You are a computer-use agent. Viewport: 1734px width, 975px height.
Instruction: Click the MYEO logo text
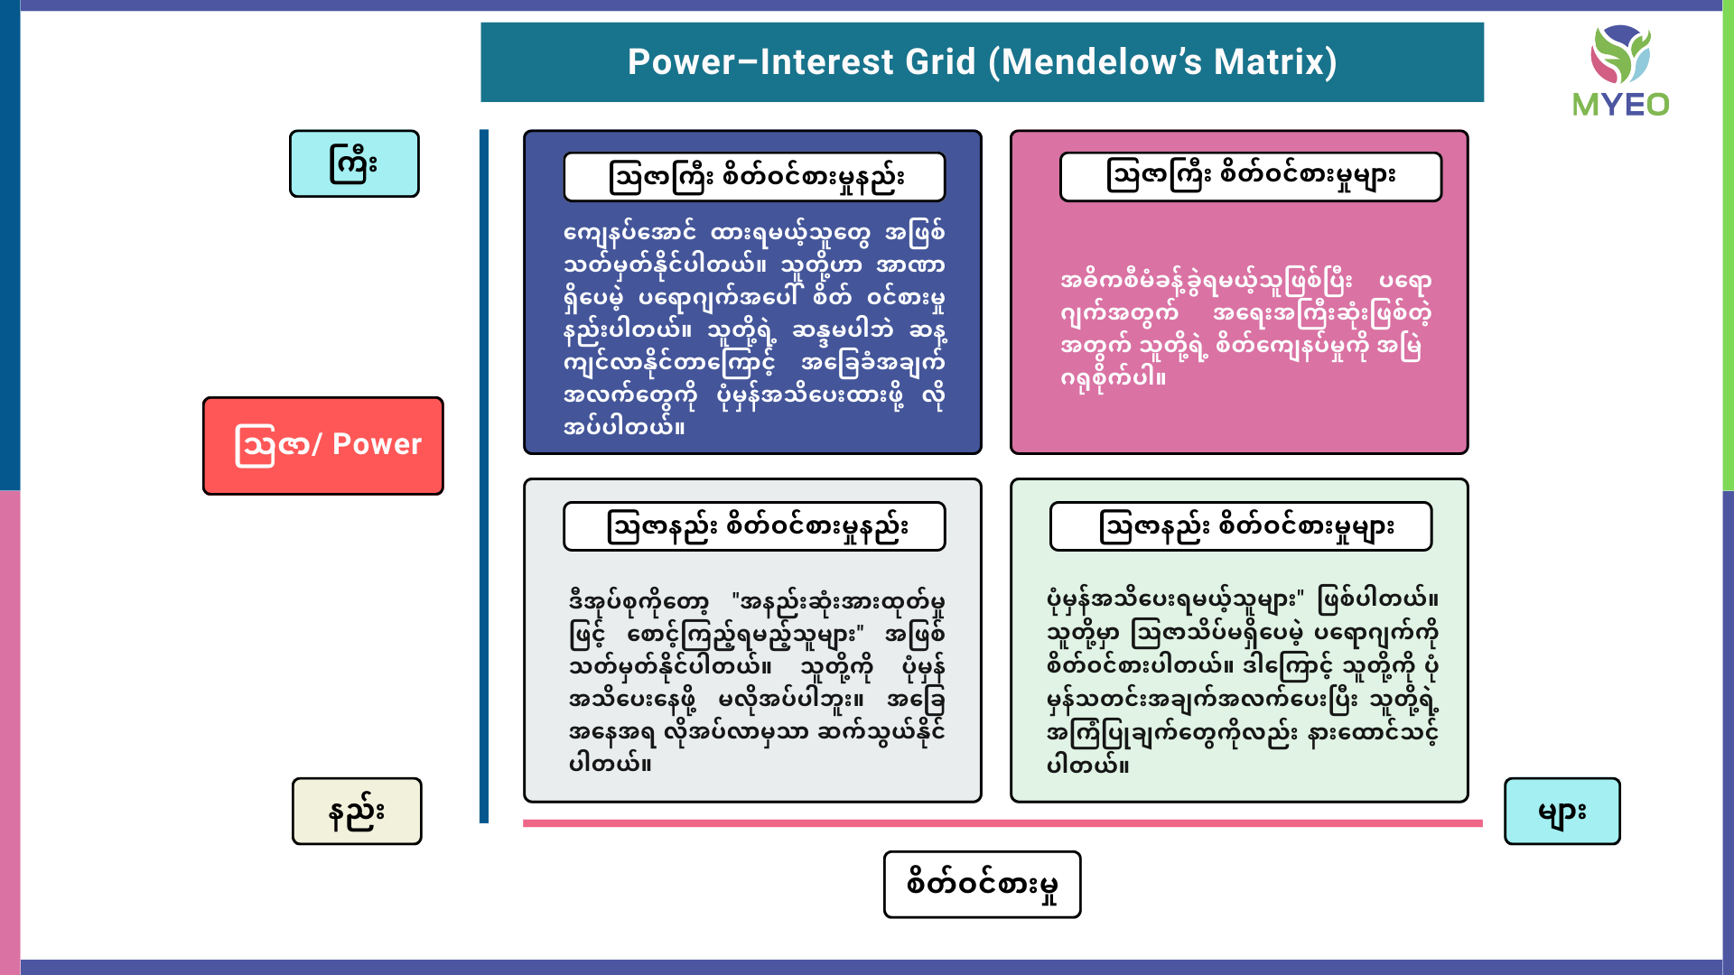tap(1620, 105)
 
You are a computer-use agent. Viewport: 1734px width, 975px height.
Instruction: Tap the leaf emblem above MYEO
tap(1620, 54)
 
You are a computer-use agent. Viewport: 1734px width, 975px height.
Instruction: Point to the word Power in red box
tap(377, 444)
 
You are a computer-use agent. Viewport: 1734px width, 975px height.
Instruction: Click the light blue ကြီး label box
tap(354, 163)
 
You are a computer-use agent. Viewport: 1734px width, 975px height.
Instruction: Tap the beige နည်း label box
tap(357, 811)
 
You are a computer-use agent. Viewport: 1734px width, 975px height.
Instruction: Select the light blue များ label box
tap(1562, 811)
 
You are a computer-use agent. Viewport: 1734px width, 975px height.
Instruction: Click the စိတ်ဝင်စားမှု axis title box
tap(982, 884)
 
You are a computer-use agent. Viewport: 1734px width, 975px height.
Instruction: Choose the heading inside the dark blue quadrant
tap(754, 177)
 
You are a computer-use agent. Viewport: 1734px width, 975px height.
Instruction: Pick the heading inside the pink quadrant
tap(1250, 176)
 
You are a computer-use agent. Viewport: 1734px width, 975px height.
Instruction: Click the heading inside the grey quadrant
tap(754, 526)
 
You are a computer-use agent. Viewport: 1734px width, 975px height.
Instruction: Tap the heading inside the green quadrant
tap(1241, 526)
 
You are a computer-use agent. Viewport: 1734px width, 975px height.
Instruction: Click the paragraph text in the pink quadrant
tap(1245, 329)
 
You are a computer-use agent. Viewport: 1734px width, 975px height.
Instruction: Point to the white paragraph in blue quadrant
tap(754, 329)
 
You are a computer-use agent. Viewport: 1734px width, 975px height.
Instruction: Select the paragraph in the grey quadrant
tap(757, 682)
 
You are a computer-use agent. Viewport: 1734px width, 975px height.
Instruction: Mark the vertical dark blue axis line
tap(484, 477)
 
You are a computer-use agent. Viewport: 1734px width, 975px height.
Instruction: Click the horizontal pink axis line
tap(1002, 823)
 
